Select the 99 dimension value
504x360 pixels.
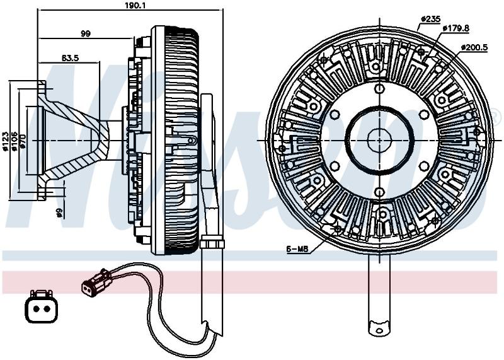[86, 33]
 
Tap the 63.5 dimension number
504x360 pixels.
[70, 58]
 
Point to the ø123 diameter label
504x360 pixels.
[5, 141]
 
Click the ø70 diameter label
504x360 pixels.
[23, 141]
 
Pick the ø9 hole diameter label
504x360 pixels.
[59, 212]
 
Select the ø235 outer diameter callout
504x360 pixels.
[431, 20]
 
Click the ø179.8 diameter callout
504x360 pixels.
[455, 28]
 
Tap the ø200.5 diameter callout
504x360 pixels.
[474, 48]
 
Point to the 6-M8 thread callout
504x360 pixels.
[297, 248]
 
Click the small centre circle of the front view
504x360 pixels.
[379, 141]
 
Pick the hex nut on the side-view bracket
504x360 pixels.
[212, 241]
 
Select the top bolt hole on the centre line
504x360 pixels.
[380, 88]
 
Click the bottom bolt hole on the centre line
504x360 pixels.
[380, 192]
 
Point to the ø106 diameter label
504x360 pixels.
[14, 141]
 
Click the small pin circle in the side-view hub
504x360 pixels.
[192, 141]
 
